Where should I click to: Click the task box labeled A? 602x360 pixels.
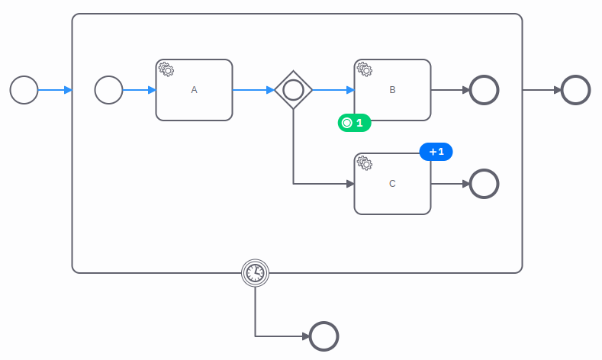coord(194,90)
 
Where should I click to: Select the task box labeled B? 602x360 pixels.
coord(392,90)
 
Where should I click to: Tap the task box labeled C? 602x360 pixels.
coord(392,184)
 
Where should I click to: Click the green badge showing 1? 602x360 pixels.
coord(354,123)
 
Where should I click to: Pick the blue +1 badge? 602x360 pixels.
coord(436,152)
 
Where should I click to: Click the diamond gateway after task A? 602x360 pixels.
coord(294,90)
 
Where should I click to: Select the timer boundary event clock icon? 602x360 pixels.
coord(255,272)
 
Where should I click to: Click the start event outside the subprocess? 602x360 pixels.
coord(24,90)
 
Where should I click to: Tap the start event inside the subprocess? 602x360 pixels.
coord(108,90)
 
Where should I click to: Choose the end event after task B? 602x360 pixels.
coord(484,90)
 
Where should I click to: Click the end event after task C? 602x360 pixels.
coord(484,184)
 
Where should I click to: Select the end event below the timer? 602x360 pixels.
coord(324,336)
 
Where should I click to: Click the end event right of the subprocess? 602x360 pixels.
coord(575,90)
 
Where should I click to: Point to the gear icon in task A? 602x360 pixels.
coord(166,69)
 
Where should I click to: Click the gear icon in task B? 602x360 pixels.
coord(365,69)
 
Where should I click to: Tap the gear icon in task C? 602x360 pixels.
coord(365,162)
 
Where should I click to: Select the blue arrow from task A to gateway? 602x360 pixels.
coord(253,90)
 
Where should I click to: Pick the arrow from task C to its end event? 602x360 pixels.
coord(450,184)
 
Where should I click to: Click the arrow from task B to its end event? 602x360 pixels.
coord(450,90)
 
